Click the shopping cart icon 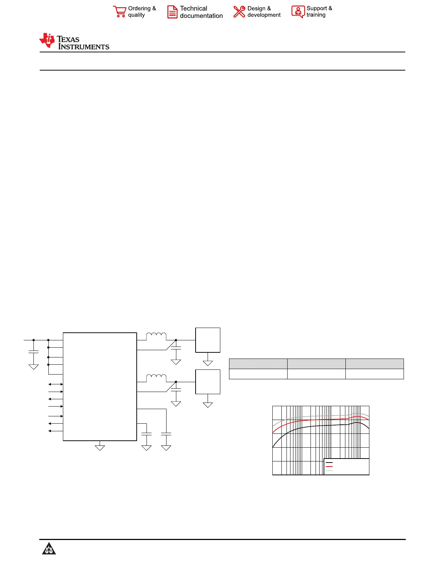click(120, 12)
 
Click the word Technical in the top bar click(193, 8)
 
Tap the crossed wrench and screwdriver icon click(239, 12)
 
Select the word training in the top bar click(316, 15)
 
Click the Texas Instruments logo click(74, 41)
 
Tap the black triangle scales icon click(49, 548)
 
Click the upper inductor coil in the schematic click(156, 336)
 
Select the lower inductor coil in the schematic click(156, 378)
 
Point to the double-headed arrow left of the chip click(56, 384)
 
